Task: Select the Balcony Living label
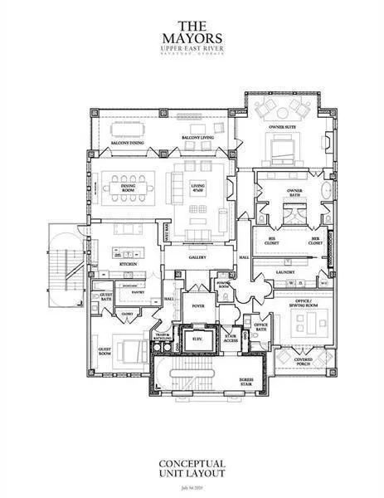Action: click(x=195, y=137)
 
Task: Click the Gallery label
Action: click(x=197, y=257)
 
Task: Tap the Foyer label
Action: click(x=197, y=304)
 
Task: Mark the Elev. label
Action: click(x=197, y=339)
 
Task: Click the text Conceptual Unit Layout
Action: click(x=192, y=468)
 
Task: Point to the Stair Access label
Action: click(x=231, y=339)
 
